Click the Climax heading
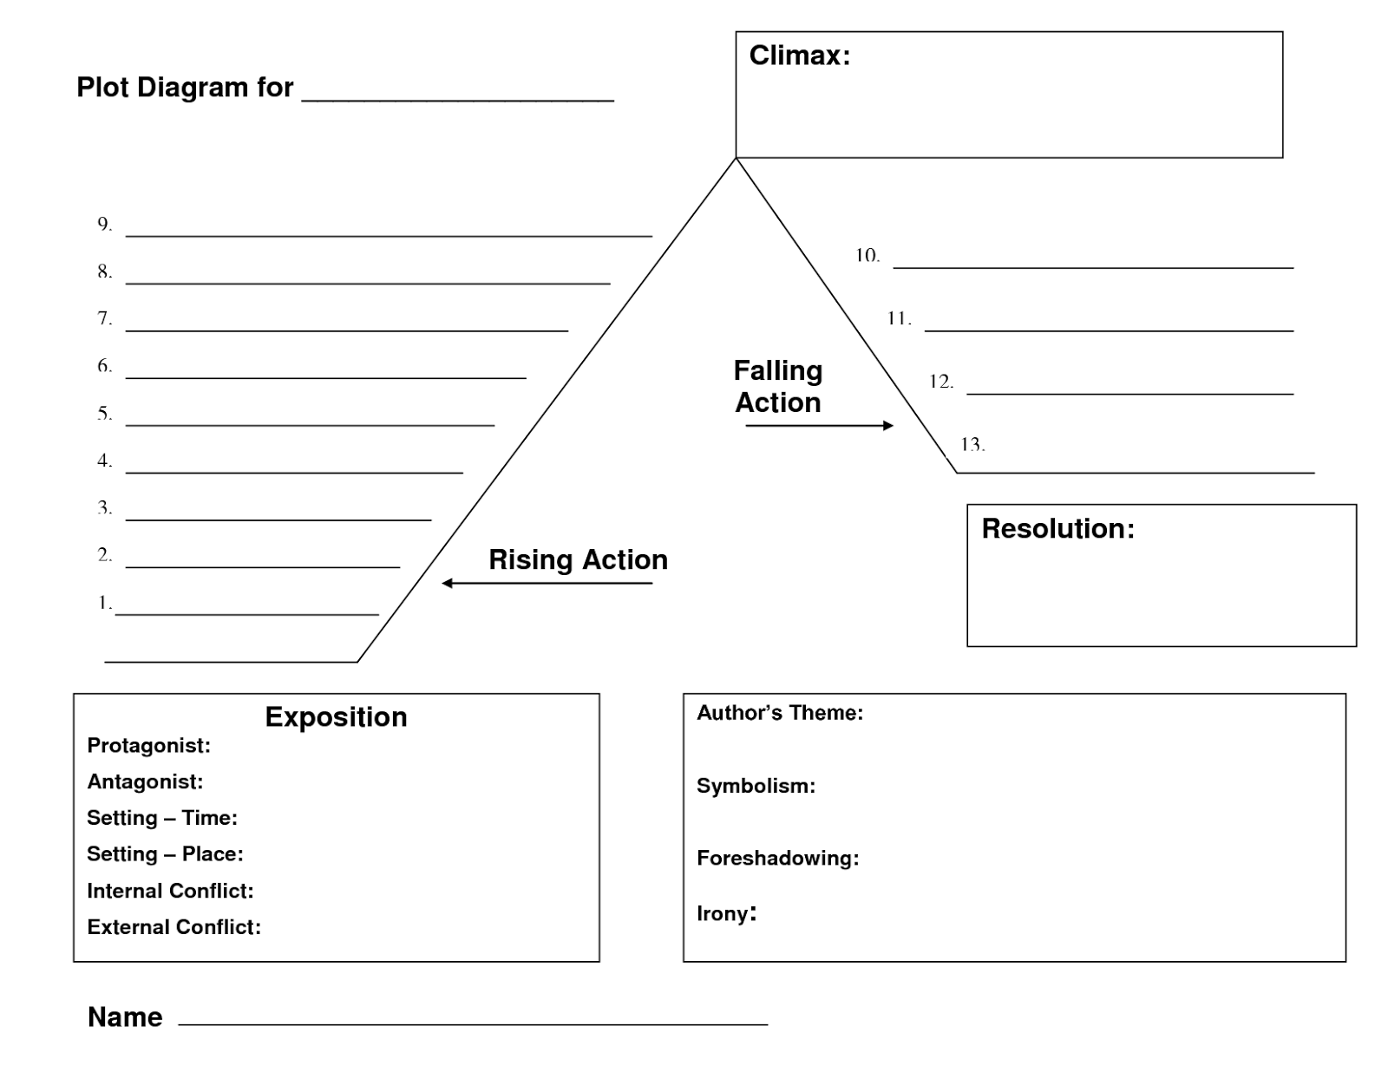point(799,56)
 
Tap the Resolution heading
point(1057,528)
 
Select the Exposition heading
point(336,717)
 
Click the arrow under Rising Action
point(547,583)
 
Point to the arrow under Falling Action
point(819,425)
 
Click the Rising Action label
point(578,559)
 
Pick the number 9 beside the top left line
point(104,225)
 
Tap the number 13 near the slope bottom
point(972,445)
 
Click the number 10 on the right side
point(867,256)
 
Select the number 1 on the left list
point(104,603)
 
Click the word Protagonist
point(148,746)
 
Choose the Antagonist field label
point(145,782)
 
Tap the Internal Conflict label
point(170,891)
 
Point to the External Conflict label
point(173,927)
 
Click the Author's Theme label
point(779,713)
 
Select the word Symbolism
point(756,787)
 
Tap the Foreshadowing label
point(777,859)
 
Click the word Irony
point(723,913)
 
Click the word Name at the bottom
point(125,1016)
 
